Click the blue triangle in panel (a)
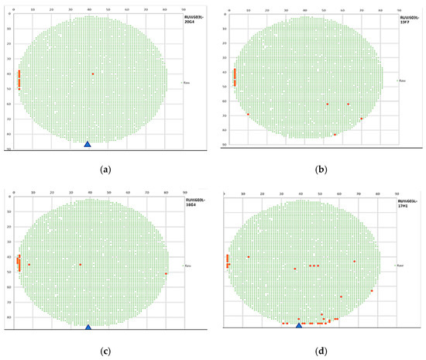pos(88,144)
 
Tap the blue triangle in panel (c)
pos(88,327)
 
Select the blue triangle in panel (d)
pos(299,326)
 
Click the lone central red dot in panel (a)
pos(93,74)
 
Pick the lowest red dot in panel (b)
pos(335,135)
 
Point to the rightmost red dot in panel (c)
pos(166,273)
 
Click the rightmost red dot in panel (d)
pos(372,291)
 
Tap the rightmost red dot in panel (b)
pos(362,118)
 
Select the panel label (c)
pos(105,351)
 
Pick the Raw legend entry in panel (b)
pos(400,81)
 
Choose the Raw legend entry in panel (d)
pos(400,266)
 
